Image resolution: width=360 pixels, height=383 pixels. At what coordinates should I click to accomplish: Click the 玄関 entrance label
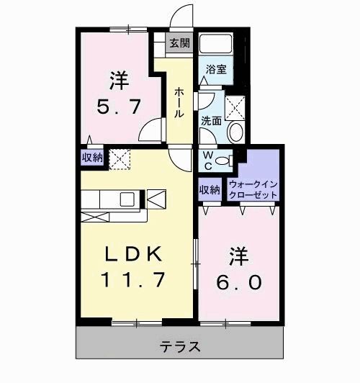(x=179, y=43)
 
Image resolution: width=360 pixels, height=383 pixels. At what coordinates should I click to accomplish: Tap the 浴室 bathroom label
(x=216, y=70)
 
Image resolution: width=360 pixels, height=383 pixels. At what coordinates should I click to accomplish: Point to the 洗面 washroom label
(x=210, y=121)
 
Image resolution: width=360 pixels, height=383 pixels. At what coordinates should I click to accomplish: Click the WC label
(x=207, y=159)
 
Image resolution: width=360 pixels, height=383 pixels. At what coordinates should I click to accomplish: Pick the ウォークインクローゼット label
(x=253, y=189)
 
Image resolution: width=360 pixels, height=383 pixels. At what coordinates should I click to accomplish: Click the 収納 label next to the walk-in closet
(x=209, y=190)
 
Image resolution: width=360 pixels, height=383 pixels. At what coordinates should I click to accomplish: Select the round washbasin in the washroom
(x=236, y=132)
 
